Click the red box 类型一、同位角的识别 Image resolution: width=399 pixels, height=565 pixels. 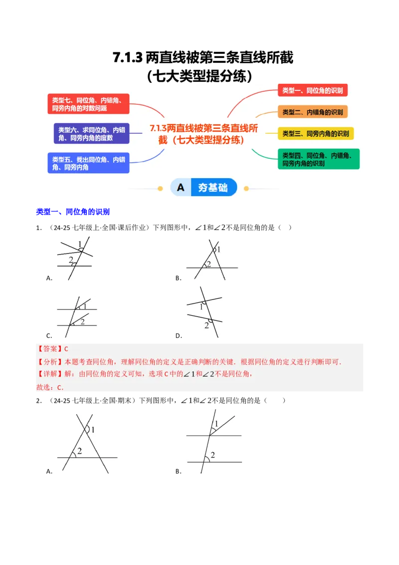[x=312, y=90]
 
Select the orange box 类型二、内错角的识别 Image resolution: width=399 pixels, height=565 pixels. [x=312, y=112]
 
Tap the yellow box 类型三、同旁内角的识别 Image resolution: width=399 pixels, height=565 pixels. [x=316, y=133]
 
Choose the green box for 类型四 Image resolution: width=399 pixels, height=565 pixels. [x=318, y=159]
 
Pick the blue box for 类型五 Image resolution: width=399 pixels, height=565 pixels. [x=88, y=163]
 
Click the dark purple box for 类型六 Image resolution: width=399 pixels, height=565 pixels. [x=91, y=134]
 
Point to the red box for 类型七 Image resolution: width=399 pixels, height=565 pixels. [x=88, y=104]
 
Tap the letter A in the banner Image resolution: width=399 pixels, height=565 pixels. [x=181, y=188]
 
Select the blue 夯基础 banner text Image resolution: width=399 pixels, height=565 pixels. [x=213, y=188]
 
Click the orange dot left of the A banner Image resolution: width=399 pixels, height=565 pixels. [x=160, y=189]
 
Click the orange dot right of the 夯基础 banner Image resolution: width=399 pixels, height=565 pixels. [x=246, y=189]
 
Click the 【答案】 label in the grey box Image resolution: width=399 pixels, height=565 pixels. [x=49, y=349]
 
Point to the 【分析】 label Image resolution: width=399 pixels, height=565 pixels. [x=49, y=362]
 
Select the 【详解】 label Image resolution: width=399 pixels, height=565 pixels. [x=49, y=374]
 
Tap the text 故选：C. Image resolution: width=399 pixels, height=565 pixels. [x=50, y=387]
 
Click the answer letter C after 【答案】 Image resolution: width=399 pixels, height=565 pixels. [x=66, y=349]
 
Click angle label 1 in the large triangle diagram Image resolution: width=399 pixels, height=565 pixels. [x=93, y=429]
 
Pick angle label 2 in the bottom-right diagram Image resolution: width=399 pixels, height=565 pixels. [x=212, y=455]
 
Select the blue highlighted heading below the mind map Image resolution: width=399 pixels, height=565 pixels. [x=73, y=212]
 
